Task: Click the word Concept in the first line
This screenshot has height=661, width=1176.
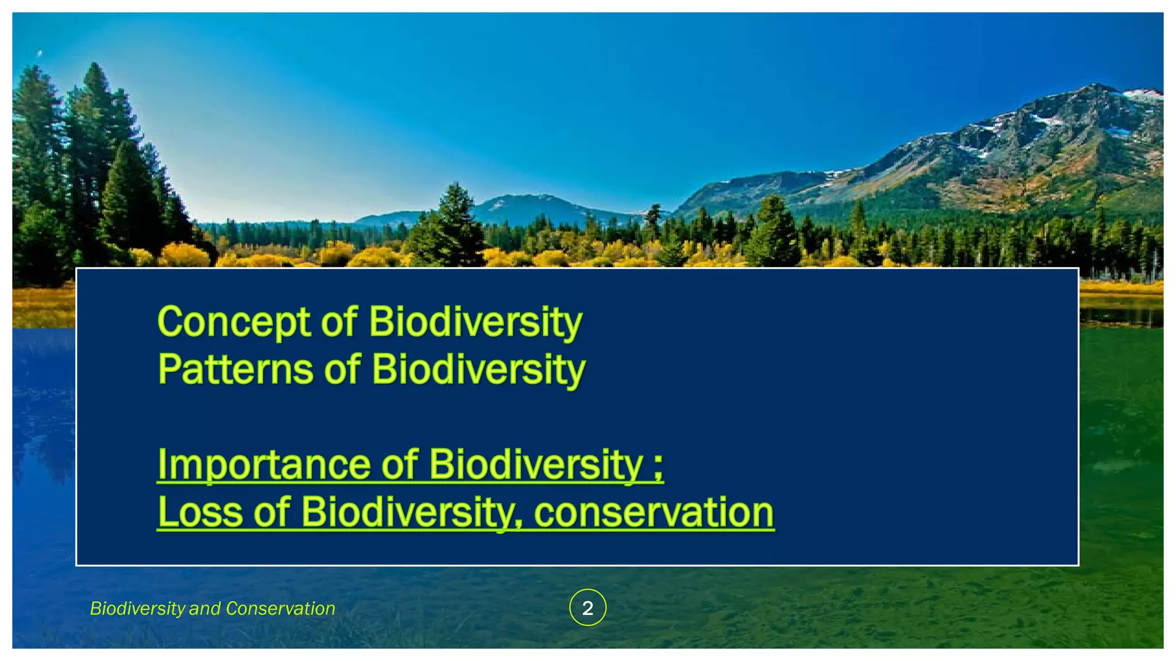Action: (233, 322)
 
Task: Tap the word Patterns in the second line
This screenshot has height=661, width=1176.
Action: (235, 370)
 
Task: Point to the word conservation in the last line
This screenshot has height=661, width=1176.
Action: (654, 512)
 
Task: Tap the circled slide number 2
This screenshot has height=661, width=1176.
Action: (587, 608)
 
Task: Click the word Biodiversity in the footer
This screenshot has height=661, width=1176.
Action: (137, 608)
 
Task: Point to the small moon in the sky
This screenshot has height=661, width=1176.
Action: (40, 54)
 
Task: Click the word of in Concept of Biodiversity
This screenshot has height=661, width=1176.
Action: (339, 322)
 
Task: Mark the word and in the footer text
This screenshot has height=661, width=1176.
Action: (200, 608)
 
